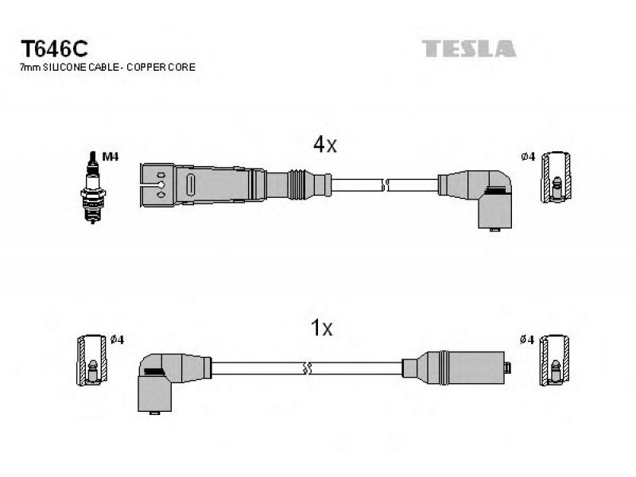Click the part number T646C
tap(54, 49)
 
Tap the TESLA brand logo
tap(469, 48)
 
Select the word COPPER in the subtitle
tap(144, 68)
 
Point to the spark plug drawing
tap(93, 187)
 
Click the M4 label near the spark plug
tap(111, 157)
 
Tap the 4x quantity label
tap(325, 145)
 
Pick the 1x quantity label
tap(322, 328)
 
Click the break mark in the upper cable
tap(385, 185)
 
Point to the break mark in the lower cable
tap(307, 368)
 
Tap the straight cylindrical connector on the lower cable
tap(456, 367)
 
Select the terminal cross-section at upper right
tap(557, 176)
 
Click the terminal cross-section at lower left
tap(92, 360)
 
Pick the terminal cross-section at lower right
tap(554, 360)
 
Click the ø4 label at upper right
tap(528, 157)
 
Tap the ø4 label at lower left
tap(117, 339)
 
